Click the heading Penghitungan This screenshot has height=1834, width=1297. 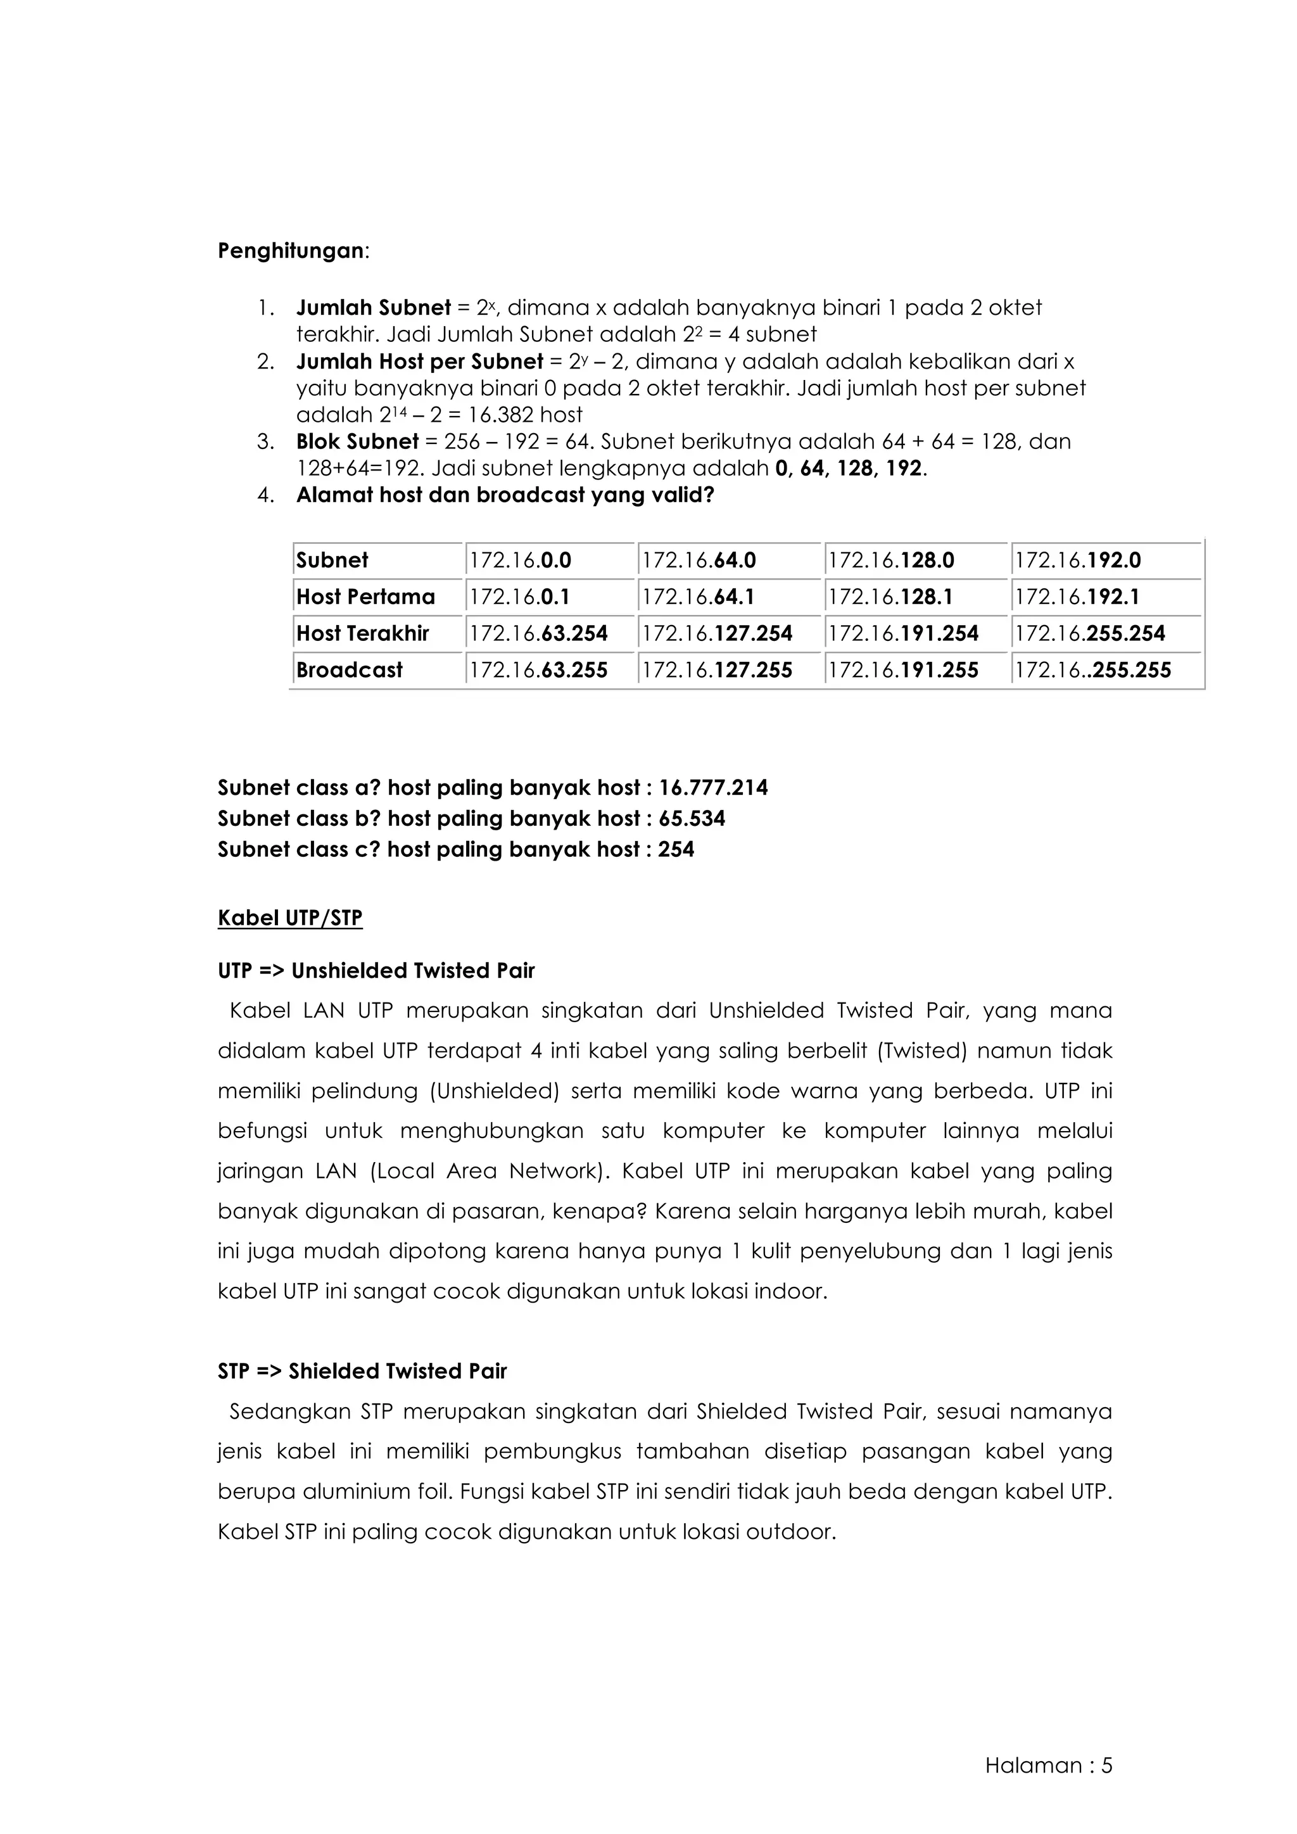pos(291,251)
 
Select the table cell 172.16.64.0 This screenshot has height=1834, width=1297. pos(699,560)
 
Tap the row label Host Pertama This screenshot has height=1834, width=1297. pos(365,597)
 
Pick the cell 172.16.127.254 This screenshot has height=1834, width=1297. pos(716,633)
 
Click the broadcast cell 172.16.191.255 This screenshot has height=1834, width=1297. pos(902,670)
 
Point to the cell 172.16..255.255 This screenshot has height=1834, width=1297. pos(1092,670)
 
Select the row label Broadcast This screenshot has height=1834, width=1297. pos(349,670)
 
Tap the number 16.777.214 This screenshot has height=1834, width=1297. pos(713,788)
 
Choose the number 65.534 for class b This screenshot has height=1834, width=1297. pos(692,819)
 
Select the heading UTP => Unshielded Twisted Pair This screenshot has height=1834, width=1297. pos(376,971)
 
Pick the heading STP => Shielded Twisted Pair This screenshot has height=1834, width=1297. pos(362,1372)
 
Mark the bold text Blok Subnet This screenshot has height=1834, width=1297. pos(357,442)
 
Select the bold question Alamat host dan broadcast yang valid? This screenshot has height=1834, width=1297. pos(505,495)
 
